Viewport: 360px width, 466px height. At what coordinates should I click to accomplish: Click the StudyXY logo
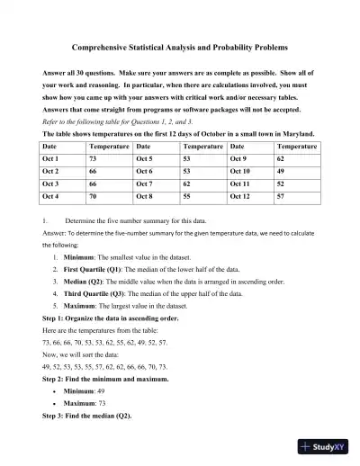click(x=325, y=444)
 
